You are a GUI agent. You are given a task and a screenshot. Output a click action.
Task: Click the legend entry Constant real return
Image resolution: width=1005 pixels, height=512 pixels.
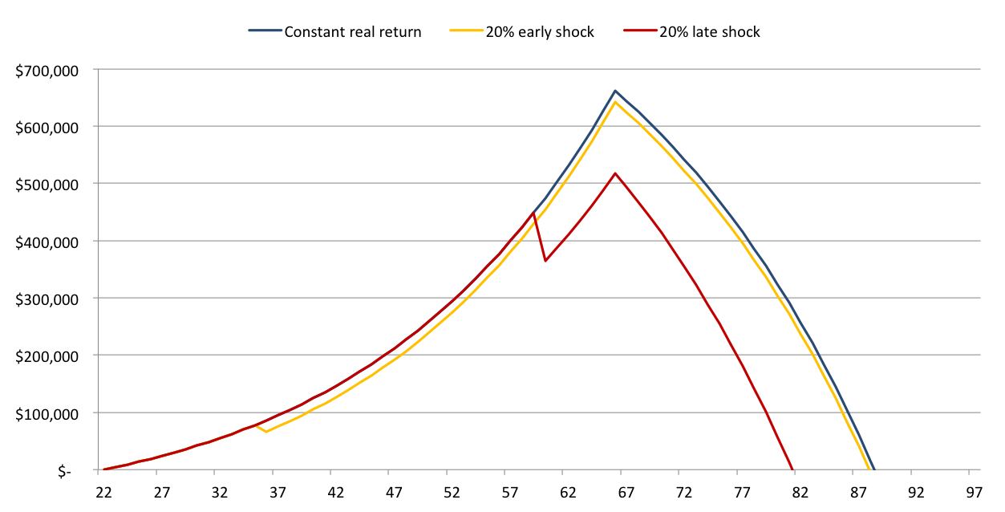tap(352, 33)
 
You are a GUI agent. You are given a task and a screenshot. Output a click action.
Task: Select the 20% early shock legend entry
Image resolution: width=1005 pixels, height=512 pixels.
tap(539, 33)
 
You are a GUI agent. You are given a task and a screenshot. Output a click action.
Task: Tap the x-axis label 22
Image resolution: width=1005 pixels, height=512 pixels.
tap(103, 492)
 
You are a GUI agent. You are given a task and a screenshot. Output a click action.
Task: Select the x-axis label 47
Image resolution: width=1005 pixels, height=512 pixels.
tap(393, 492)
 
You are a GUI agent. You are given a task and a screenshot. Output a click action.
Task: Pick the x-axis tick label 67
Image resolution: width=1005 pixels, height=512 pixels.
tap(625, 492)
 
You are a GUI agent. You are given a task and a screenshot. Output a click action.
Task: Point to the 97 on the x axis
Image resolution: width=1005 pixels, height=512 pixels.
tap(974, 492)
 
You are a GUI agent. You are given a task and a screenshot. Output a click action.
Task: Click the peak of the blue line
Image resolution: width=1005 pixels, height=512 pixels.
tap(615, 91)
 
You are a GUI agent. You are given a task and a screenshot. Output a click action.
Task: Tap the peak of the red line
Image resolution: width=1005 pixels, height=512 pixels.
tap(615, 173)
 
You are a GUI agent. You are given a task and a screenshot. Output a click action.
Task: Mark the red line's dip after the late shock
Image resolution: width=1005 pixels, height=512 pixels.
tap(545, 261)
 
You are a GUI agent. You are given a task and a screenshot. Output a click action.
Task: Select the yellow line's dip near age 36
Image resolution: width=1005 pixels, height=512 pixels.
tap(266, 432)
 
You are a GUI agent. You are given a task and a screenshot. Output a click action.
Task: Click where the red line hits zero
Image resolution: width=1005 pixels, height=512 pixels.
tap(792, 469)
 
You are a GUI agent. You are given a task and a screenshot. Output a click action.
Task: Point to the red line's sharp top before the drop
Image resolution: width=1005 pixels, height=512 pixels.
tap(533, 213)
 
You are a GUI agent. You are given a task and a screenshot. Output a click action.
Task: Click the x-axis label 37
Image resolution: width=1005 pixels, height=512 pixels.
tap(277, 492)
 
